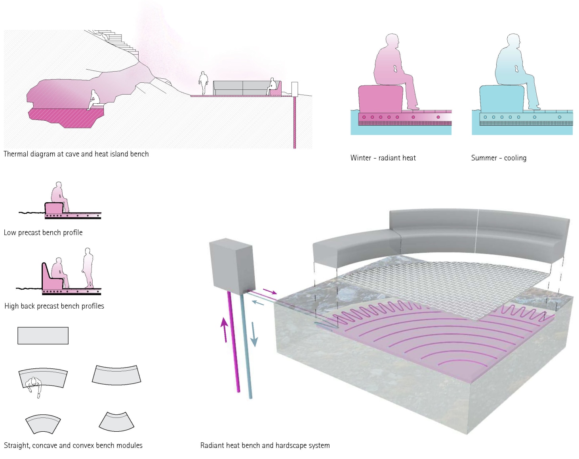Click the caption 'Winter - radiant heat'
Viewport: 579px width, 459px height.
[x=383, y=158]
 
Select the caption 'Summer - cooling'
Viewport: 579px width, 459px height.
[x=499, y=158]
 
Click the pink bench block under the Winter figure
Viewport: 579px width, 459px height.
[x=380, y=99]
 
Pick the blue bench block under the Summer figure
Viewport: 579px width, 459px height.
[x=501, y=99]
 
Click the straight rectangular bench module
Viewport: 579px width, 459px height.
[x=43, y=336]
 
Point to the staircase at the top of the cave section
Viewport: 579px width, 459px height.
[x=115, y=40]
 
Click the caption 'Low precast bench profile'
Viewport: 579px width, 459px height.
[x=43, y=233]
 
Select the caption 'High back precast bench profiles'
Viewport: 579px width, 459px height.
[x=54, y=306]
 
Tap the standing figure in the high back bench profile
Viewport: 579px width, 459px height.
[x=88, y=267]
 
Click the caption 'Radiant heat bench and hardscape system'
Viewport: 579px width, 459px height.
[x=265, y=446]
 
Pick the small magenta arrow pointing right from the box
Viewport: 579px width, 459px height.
[x=269, y=292]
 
